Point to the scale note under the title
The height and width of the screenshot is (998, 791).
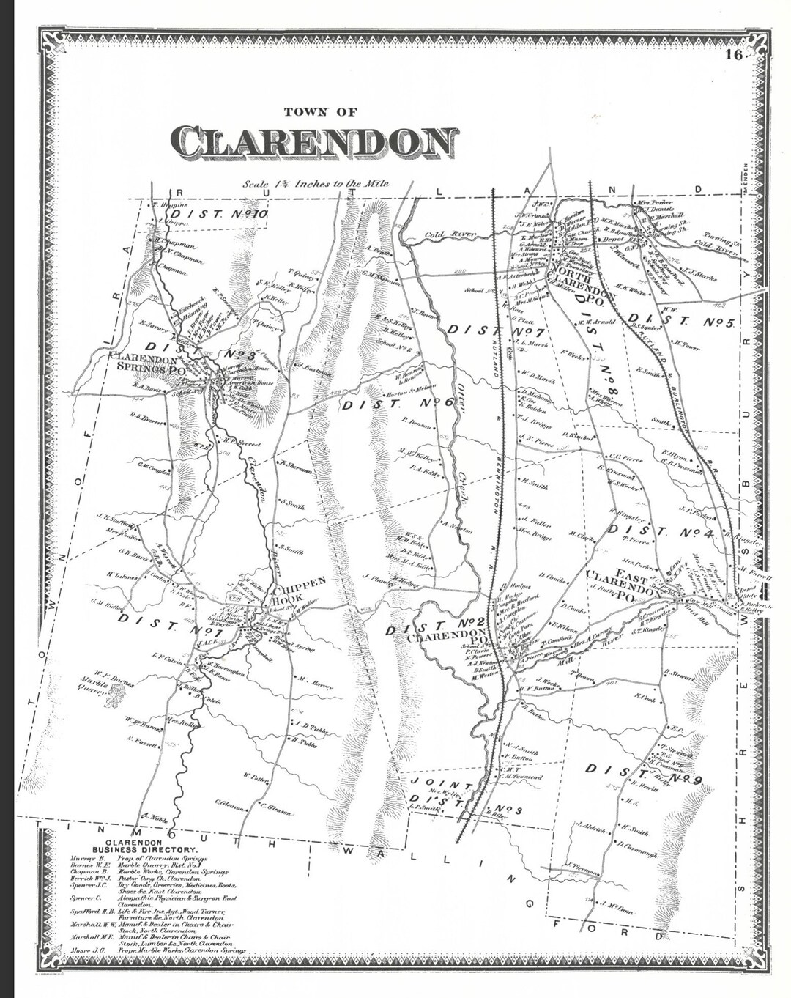pos(316,185)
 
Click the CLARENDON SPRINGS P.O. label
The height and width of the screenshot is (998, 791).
pos(146,364)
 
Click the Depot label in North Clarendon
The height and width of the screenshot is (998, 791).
pos(612,238)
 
